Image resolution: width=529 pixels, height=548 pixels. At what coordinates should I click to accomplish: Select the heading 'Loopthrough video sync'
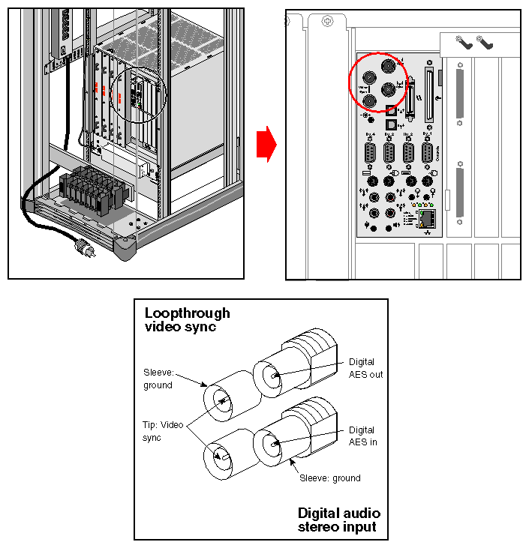tap(187, 319)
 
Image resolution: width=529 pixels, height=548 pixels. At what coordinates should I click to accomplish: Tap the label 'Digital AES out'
tap(365, 368)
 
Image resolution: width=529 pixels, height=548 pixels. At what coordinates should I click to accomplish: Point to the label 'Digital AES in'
tap(362, 436)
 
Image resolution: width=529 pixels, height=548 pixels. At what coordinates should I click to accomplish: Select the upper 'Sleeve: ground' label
tap(158, 379)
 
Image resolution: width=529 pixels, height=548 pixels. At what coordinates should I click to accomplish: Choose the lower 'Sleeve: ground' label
tap(329, 478)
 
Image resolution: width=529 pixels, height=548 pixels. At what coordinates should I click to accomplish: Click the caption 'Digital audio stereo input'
tap(338, 520)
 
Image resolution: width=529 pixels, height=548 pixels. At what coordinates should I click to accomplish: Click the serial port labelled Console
tap(428, 154)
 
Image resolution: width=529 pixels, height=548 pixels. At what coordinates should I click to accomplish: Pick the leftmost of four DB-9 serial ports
tap(370, 153)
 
